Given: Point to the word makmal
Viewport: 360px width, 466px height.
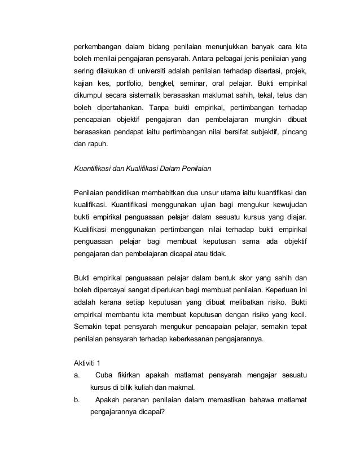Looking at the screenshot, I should click(x=182, y=388).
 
